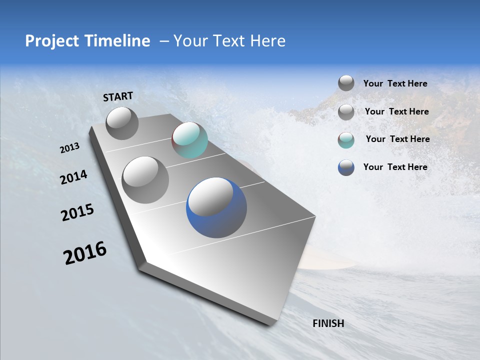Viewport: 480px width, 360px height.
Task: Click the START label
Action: [118, 96]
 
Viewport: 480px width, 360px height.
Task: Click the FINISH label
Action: [328, 323]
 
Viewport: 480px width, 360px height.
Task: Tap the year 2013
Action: [69, 148]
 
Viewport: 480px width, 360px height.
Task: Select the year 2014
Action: [73, 177]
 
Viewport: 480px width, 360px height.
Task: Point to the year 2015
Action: [77, 212]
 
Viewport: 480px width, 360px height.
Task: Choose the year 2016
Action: [85, 253]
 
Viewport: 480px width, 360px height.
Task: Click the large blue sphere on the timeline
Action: [216, 207]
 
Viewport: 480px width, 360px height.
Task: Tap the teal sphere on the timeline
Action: [189, 140]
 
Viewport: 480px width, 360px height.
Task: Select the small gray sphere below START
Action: [122, 123]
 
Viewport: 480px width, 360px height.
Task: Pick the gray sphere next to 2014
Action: [145, 179]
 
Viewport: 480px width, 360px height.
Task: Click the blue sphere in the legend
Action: [346, 167]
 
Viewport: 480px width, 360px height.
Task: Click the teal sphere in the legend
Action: [346, 140]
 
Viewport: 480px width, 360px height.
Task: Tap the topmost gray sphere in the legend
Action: [346, 83]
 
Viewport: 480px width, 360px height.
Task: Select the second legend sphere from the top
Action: [346, 112]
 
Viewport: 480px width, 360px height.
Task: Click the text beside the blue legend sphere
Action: [395, 167]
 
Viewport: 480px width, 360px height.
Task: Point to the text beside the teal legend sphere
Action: [397, 139]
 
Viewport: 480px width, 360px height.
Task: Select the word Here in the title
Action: [267, 41]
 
